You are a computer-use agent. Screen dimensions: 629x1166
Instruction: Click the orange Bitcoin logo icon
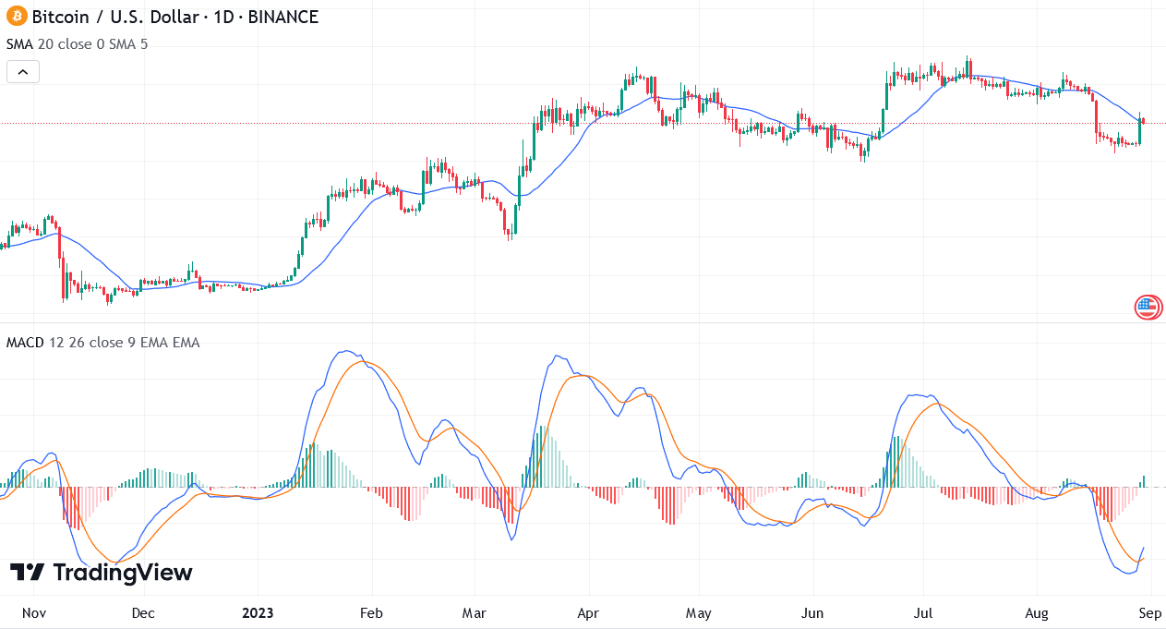17,17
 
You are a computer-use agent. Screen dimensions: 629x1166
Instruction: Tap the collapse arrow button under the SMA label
23,71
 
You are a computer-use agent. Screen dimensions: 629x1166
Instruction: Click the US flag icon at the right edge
1148,308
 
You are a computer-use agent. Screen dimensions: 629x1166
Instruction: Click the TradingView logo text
102,573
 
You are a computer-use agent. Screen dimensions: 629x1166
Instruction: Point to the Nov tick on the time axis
33,612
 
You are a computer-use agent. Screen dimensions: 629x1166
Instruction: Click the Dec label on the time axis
143,612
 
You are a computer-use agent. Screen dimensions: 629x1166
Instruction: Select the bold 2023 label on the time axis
258,612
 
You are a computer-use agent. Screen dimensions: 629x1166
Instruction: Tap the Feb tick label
370,612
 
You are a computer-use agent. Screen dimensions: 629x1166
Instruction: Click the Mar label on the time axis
474,612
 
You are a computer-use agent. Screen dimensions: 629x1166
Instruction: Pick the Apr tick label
588,612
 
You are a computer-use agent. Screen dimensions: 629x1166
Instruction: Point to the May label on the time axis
699,612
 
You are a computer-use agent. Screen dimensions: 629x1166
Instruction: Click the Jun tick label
813,612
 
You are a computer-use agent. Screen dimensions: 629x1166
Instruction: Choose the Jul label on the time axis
924,612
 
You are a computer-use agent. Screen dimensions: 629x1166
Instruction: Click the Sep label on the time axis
1149,612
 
